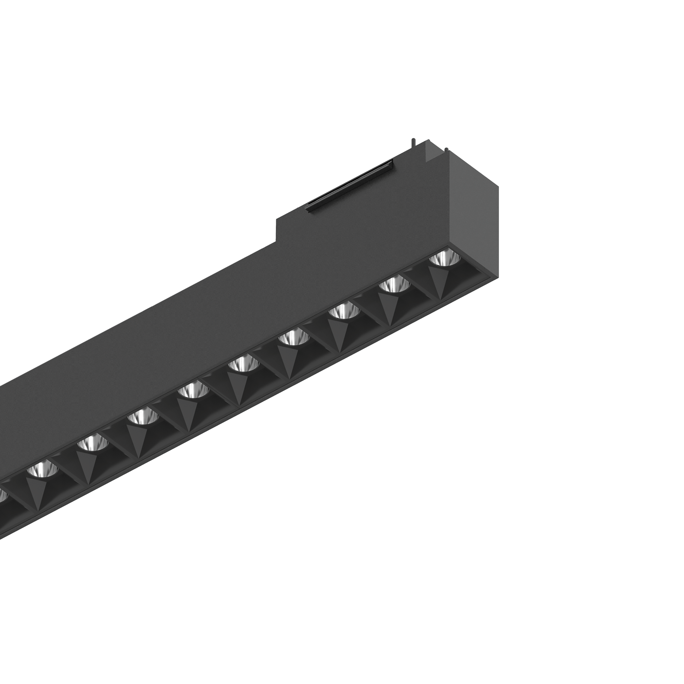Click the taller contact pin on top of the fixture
click(x=412, y=143)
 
